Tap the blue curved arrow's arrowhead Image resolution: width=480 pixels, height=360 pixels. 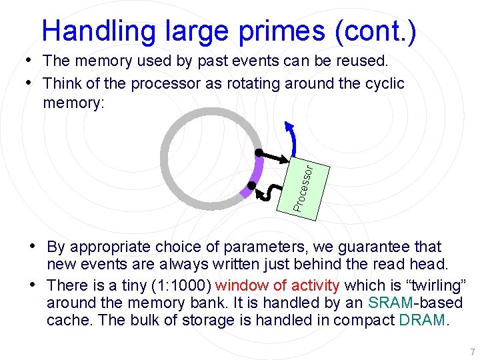tap(287, 126)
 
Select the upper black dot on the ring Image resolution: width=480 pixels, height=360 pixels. tap(259, 153)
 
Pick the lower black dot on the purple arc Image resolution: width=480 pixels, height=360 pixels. tap(251, 185)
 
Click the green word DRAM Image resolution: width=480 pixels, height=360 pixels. tap(422, 320)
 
